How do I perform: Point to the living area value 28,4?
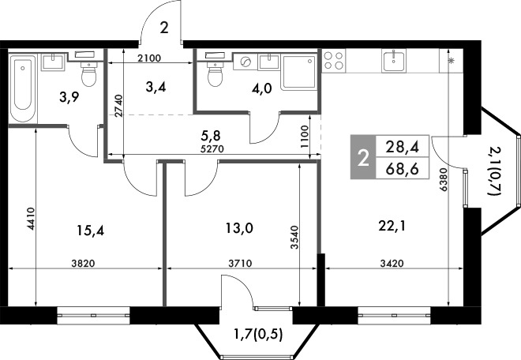coord(402,146)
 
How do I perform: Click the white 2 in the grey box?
coord(362,158)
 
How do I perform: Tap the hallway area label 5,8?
coord(212,134)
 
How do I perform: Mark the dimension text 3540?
coord(295,237)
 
